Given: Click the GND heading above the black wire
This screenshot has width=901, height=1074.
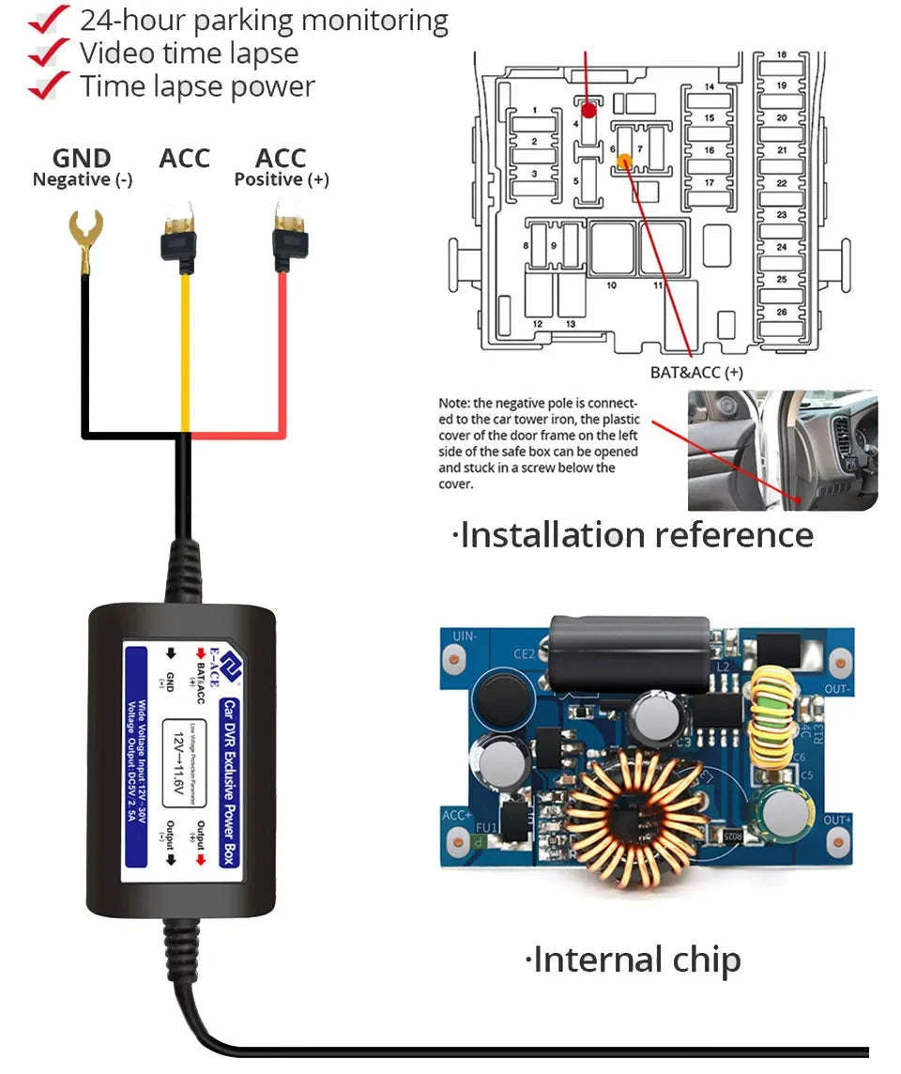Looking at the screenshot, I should pyautogui.click(x=82, y=159).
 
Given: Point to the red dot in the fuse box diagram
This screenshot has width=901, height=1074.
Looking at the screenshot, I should pyautogui.click(x=588, y=111).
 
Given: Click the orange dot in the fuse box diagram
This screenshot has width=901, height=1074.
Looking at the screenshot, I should pyautogui.click(x=623, y=162).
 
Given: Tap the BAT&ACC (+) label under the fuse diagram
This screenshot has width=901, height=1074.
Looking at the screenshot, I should pyautogui.click(x=696, y=372).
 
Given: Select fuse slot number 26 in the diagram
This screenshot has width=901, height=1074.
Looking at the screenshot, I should pyautogui.click(x=782, y=312).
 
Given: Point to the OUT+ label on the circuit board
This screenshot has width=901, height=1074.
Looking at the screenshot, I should pyautogui.click(x=835, y=820).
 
